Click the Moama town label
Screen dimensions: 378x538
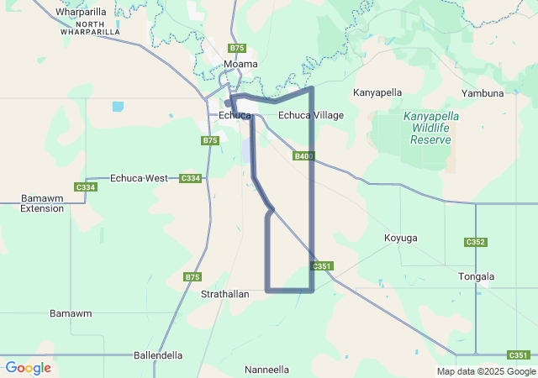tap(240, 64)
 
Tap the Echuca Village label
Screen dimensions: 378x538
tap(311, 115)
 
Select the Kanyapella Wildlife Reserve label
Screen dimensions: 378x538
tap(431, 128)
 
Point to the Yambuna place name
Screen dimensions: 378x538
tap(483, 93)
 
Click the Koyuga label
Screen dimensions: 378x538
tap(400, 238)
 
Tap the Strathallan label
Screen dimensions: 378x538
tap(224, 296)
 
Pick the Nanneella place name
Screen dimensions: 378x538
tap(266, 370)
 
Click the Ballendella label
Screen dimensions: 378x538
tap(158, 355)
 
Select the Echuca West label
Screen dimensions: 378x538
tap(139, 178)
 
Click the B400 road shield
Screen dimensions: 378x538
tap(303, 156)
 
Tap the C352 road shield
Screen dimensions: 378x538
tap(476, 243)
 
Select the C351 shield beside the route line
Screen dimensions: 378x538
tap(323, 266)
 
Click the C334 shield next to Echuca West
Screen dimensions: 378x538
tap(191, 178)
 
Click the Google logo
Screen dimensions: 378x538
tap(28, 368)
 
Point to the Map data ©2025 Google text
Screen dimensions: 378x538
tap(485, 371)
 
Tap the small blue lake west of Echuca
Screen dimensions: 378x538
tap(117, 107)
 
